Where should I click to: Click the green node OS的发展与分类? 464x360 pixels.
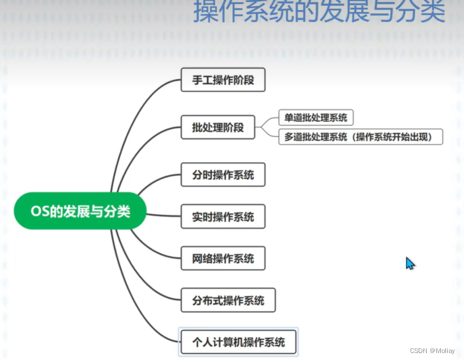80,211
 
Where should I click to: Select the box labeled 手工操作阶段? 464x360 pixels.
223,80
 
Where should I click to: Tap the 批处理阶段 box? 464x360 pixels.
218,127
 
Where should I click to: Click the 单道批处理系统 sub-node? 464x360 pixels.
316,117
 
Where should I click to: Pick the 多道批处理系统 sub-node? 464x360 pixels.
361,137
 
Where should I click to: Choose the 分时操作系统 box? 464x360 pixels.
223,175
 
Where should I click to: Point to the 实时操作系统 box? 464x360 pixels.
223,217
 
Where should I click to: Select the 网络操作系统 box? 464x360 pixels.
223,258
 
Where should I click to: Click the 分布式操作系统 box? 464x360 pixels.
228,300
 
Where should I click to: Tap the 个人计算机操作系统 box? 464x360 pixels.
239,342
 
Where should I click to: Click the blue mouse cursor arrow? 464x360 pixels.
409,263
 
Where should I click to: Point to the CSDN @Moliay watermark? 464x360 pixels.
432,351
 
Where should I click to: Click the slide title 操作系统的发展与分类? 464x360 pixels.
319,12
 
